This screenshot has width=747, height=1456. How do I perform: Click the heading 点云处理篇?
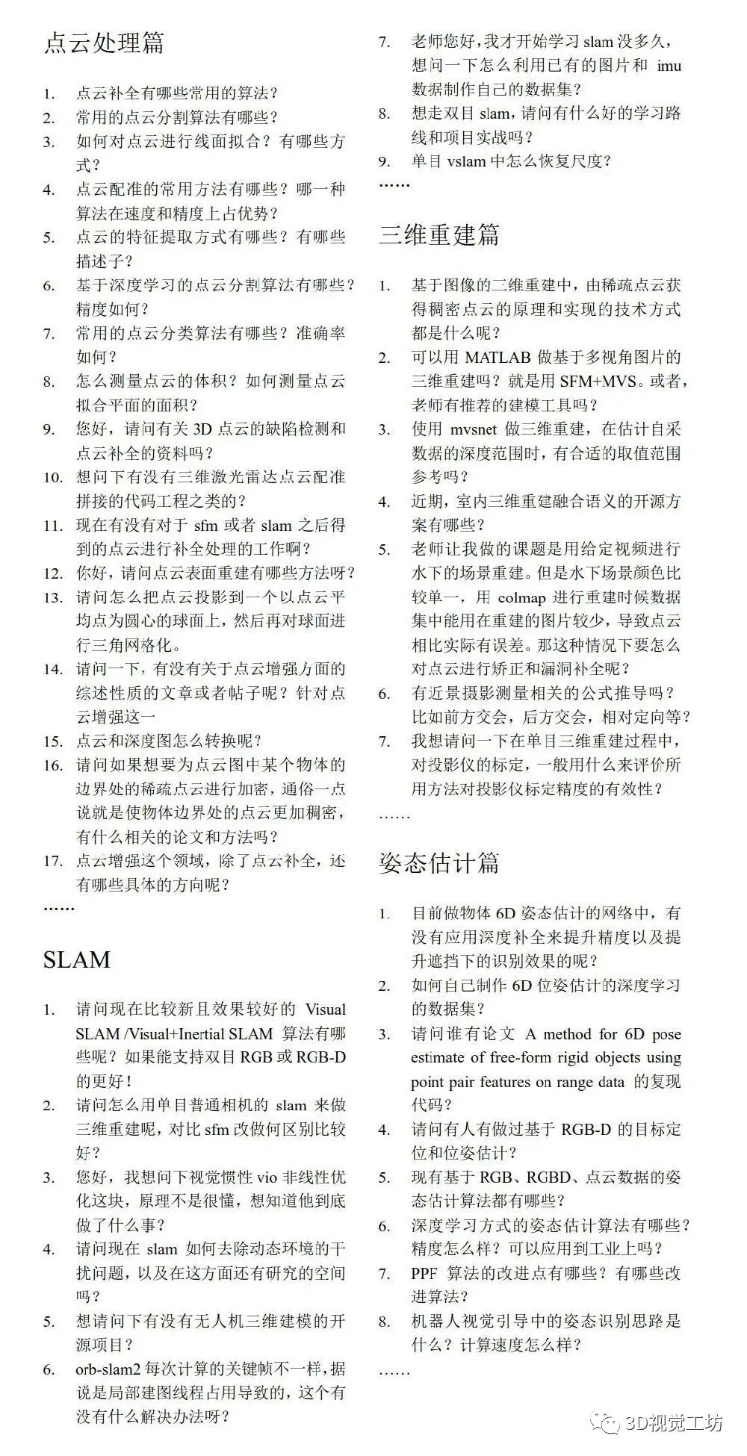coord(104,43)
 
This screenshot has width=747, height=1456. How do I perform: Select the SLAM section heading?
coord(77,959)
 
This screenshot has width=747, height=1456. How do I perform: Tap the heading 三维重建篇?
coord(439,234)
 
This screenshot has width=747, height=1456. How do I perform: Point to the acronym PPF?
coord(424,1273)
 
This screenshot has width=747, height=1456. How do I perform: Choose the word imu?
coord(669,66)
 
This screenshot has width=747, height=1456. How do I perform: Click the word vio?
coord(266,1177)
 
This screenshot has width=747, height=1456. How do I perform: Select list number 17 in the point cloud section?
coord(52,861)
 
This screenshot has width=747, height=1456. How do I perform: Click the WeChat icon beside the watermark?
coord(604,1422)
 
